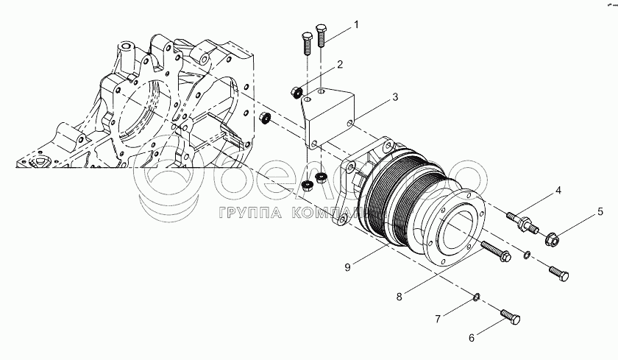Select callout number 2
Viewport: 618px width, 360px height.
(x=341, y=65)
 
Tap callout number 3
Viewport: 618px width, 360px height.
(x=395, y=96)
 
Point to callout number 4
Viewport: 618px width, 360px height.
(x=558, y=191)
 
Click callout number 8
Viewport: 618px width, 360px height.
(x=399, y=297)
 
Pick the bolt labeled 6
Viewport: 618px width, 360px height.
(x=511, y=318)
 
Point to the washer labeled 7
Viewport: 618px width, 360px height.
(x=475, y=298)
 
